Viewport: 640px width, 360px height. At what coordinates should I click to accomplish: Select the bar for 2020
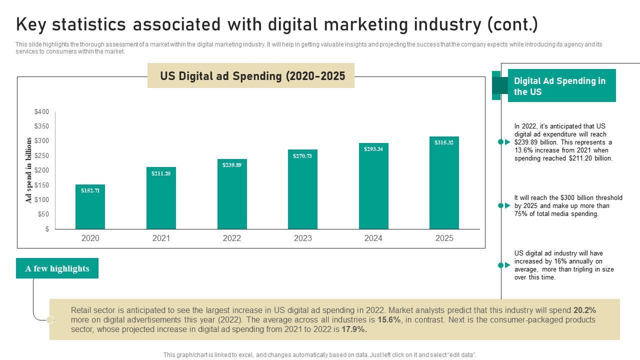(x=90, y=207)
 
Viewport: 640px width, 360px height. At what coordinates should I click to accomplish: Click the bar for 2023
(x=302, y=189)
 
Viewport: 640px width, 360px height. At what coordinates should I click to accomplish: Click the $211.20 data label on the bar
(x=161, y=173)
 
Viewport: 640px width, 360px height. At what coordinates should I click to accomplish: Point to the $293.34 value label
(x=373, y=149)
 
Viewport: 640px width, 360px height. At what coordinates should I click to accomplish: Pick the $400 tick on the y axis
(x=42, y=111)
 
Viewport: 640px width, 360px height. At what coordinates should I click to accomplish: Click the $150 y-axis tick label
(x=42, y=185)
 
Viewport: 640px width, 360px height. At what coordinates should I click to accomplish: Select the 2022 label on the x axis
(x=232, y=238)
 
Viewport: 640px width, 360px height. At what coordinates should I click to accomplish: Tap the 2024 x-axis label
(x=373, y=238)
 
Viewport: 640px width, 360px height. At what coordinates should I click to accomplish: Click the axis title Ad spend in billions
(x=29, y=170)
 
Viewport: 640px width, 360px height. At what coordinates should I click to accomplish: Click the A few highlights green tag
(x=57, y=268)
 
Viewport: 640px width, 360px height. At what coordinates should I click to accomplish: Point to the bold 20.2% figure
(x=584, y=310)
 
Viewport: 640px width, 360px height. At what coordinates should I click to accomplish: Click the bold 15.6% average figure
(x=389, y=319)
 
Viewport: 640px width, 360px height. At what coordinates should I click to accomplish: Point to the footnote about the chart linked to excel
(x=320, y=355)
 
